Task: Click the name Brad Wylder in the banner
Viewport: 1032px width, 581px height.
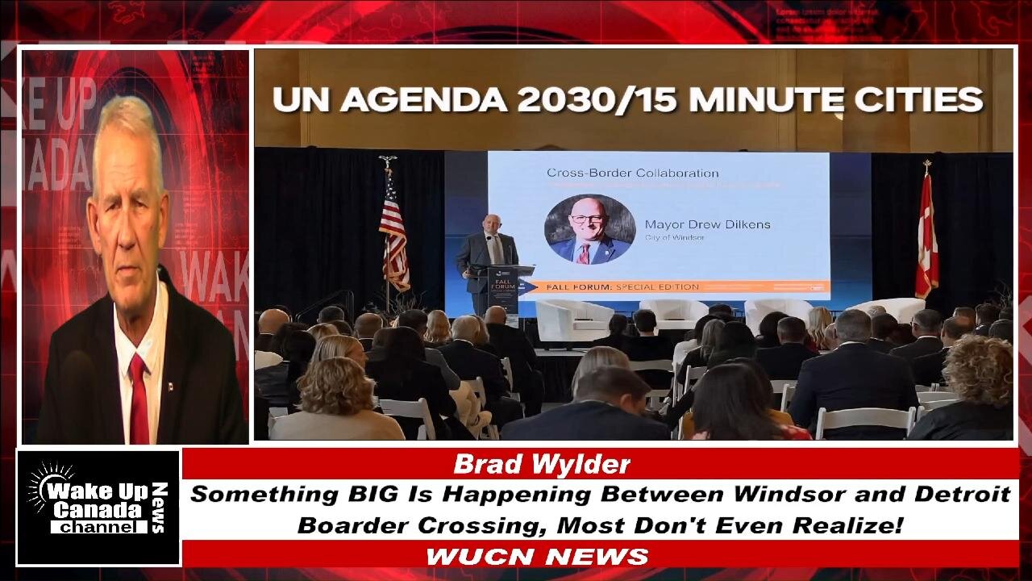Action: tap(541, 465)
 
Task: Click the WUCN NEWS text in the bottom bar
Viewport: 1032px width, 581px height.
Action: tap(537, 556)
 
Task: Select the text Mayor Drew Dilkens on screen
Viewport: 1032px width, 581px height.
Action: tap(707, 224)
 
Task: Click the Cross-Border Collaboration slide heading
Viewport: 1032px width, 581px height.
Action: tap(632, 173)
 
